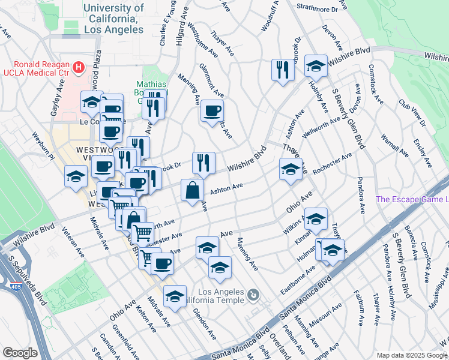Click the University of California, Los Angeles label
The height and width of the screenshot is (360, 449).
tap(114, 18)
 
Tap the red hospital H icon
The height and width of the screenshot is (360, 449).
tap(78, 67)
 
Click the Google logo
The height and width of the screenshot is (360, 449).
tap(19, 353)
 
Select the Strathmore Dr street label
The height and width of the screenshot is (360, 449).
tap(318, 9)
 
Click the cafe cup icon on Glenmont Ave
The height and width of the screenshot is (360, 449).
tap(212, 111)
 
